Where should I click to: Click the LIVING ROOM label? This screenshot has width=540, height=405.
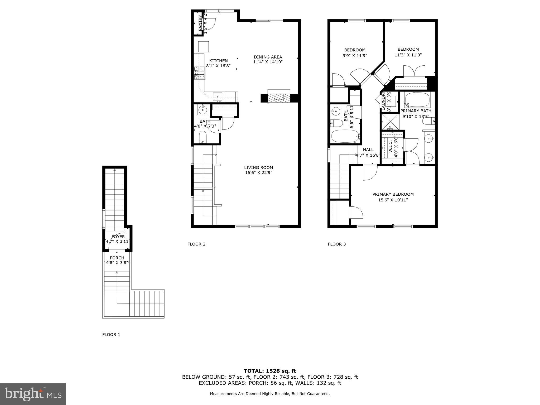[258, 167]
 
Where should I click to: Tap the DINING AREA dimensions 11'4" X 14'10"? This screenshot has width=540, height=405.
[268, 62]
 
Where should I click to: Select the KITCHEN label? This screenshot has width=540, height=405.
[218, 61]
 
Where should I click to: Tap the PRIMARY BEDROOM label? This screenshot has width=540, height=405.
[393, 194]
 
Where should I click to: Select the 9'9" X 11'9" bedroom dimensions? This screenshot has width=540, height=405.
[355, 56]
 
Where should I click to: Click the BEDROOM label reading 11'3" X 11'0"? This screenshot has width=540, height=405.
[408, 49]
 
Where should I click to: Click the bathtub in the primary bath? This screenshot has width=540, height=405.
[417, 99]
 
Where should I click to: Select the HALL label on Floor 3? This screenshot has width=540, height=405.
[368, 150]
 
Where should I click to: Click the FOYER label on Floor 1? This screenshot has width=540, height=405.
[118, 237]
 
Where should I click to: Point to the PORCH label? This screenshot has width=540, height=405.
[117, 258]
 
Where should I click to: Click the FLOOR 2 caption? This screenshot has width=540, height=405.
[196, 244]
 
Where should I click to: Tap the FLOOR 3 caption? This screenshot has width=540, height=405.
[337, 244]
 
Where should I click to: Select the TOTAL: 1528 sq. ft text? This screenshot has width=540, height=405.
[270, 371]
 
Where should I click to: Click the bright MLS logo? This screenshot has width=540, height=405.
[33, 394]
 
